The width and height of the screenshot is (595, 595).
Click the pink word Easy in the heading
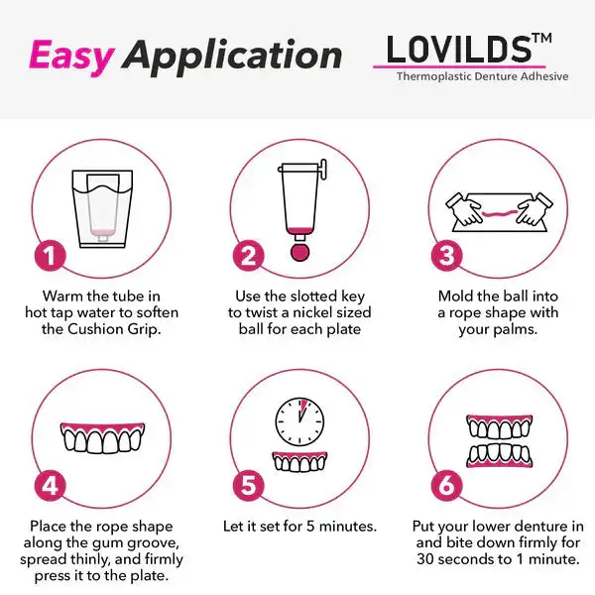(x=70, y=56)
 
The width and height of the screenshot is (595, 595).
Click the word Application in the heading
(x=233, y=57)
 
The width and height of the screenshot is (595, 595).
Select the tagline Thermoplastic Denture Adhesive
(x=482, y=76)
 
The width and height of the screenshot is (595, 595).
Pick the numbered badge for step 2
(x=248, y=255)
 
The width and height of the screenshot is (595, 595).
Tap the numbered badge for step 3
(x=447, y=255)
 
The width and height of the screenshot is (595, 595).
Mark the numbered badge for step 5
(x=248, y=486)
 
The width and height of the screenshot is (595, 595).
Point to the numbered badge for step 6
(x=447, y=486)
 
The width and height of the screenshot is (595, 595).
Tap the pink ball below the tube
(x=298, y=251)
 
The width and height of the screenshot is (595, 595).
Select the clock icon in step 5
(x=298, y=421)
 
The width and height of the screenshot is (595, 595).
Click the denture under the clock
(x=298, y=461)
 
